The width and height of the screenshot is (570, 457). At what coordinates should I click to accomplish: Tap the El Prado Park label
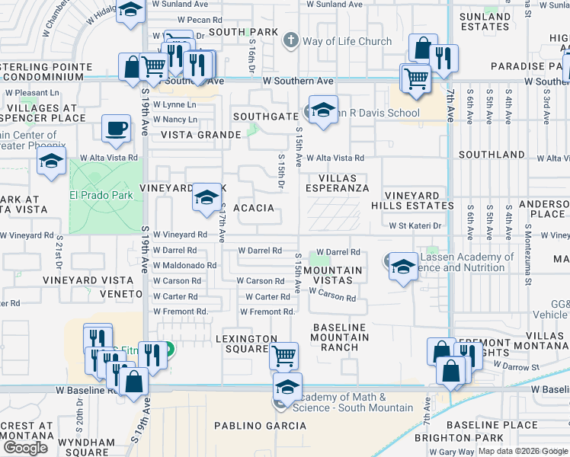[101, 195]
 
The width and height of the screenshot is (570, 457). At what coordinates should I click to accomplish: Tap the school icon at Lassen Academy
[403, 266]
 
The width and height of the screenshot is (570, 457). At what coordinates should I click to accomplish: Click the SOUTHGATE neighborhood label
[265, 117]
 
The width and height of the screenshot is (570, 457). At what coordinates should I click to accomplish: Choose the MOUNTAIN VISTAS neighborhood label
[333, 275]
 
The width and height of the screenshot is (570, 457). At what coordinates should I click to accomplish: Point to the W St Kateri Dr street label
[415, 225]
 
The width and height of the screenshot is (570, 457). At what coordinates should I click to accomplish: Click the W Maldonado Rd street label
[184, 265]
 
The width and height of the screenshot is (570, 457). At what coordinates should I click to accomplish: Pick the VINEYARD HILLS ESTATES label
[412, 200]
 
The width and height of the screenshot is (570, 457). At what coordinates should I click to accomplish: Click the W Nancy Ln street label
[175, 120]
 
